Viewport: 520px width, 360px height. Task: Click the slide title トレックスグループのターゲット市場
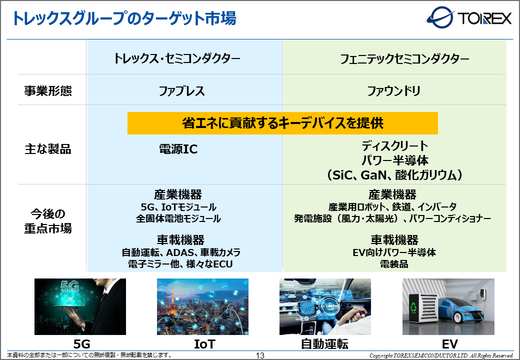click(124, 18)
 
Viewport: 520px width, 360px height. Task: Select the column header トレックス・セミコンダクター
click(177, 58)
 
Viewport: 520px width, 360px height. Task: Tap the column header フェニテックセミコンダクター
click(404, 59)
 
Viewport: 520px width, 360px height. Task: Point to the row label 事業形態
click(48, 91)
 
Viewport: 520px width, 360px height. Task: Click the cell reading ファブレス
click(181, 91)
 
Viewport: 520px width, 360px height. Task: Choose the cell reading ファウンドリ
click(393, 91)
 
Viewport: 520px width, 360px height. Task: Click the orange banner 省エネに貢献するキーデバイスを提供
click(282, 123)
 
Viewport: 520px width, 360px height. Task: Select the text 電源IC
click(178, 149)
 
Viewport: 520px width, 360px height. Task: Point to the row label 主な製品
click(48, 149)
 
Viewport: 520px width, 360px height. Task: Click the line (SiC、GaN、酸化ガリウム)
click(394, 175)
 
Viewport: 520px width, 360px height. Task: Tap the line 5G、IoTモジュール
click(178, 207)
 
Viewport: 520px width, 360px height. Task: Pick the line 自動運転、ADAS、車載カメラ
click(181, 252)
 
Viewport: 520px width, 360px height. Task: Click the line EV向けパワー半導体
click(394, 252)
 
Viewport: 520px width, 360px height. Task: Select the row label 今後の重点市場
click(48, 221)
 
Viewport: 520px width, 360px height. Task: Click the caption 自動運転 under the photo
click(324, 344)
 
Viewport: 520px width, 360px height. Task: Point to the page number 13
click(260, 355)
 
